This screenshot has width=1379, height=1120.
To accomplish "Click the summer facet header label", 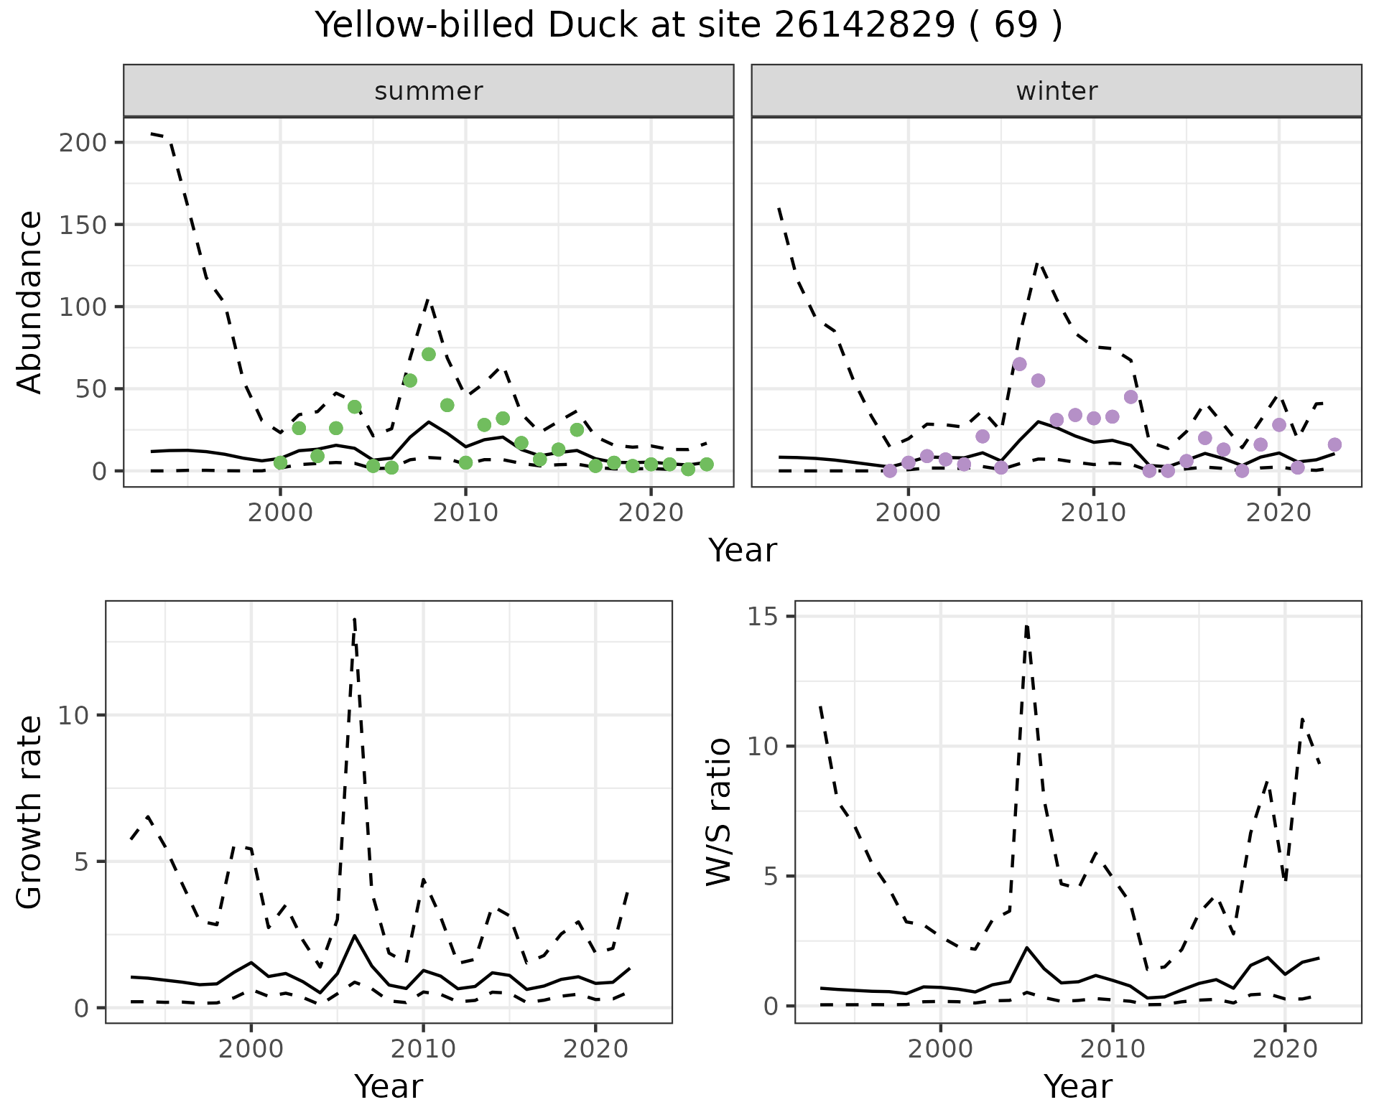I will click(429, 91).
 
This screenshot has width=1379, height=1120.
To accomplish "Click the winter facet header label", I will click(1057, 91).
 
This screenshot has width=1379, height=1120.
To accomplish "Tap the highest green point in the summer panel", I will click(429, 354).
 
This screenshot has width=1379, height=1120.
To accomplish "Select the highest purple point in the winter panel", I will click(1019, 364).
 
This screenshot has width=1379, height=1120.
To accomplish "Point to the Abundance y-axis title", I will click(30, 302).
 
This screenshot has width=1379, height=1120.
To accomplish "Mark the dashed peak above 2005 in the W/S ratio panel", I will click(1027, 626).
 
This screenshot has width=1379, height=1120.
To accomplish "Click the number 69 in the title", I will click(1016, 26).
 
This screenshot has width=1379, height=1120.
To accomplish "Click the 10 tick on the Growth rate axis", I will click(74, 715).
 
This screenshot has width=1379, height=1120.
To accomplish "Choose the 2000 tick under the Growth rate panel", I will click(251, 1049).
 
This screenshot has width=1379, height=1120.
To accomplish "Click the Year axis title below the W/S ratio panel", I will click(1077, 1086).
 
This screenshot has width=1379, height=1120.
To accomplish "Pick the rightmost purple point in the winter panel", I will click(1334, 444).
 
